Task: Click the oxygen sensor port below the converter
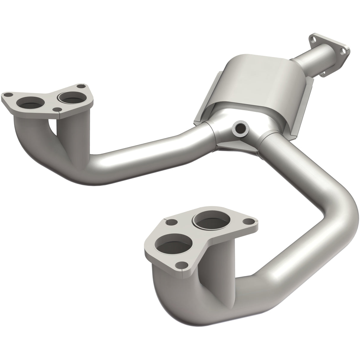click(240, 128)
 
